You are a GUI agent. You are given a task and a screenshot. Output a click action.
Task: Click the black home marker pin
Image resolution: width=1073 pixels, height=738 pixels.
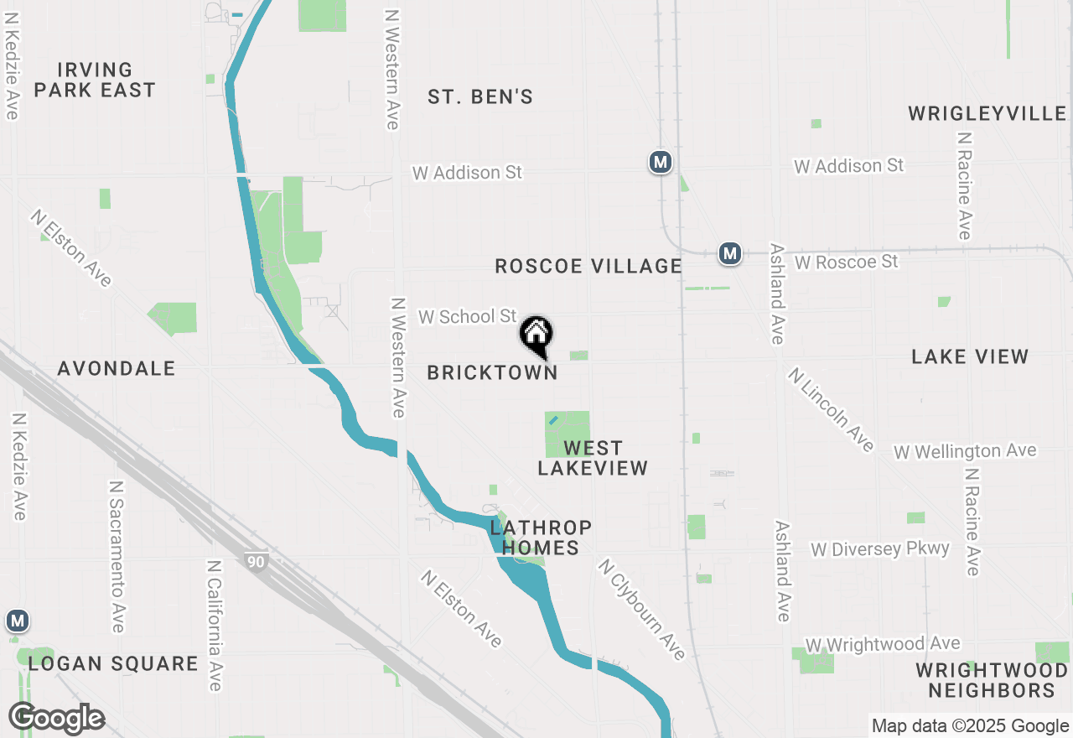[x=536, y=336]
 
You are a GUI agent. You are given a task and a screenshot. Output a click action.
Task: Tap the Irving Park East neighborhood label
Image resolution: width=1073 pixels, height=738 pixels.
[x=95, y=80]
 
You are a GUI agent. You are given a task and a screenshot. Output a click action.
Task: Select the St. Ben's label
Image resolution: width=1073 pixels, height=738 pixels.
[x=480, y=97]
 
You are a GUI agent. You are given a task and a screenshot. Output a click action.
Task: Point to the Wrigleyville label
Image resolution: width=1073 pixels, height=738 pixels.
[x=987, y=113]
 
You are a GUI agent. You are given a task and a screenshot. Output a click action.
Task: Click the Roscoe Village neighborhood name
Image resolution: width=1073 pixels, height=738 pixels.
[x=588, y=267]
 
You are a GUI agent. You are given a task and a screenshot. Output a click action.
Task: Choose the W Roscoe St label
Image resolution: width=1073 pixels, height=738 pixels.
[x=846, y=262]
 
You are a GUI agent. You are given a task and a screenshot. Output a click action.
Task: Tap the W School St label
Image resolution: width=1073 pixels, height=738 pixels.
[x=468, y=317]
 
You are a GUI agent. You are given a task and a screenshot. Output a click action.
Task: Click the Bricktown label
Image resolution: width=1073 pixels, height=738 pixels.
[x=492, y=373]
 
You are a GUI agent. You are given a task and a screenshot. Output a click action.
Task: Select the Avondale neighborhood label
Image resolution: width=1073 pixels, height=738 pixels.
[x=117, y=368]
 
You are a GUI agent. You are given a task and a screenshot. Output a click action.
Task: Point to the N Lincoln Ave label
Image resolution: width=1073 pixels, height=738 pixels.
[x=831, y=410]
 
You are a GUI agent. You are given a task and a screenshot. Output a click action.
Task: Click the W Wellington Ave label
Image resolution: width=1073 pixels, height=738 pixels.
[x=965, y=452]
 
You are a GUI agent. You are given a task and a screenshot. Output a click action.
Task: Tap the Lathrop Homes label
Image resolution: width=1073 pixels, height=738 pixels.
[x=541, y=538]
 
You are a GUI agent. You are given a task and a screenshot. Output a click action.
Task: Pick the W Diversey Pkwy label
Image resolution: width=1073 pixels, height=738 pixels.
[x=879, y=549]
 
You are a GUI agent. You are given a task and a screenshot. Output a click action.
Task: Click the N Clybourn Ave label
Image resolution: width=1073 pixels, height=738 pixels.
[x=641, y=610]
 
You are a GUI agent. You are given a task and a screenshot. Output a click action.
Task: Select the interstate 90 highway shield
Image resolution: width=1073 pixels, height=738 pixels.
[x=256, y=561]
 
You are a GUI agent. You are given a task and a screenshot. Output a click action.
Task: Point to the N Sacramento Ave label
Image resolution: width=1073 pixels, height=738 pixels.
[x=117, y=557]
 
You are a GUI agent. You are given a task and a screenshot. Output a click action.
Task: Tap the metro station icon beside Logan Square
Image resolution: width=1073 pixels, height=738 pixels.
[x=17, y=621]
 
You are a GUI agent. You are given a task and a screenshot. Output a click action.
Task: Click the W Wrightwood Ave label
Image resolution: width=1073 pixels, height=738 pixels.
[x=883, y=644]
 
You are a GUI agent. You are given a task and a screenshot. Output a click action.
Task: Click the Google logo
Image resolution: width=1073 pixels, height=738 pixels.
[x=56, y=719]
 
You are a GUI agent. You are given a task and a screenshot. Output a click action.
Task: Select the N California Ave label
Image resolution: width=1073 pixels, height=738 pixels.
[x=214, y=626]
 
